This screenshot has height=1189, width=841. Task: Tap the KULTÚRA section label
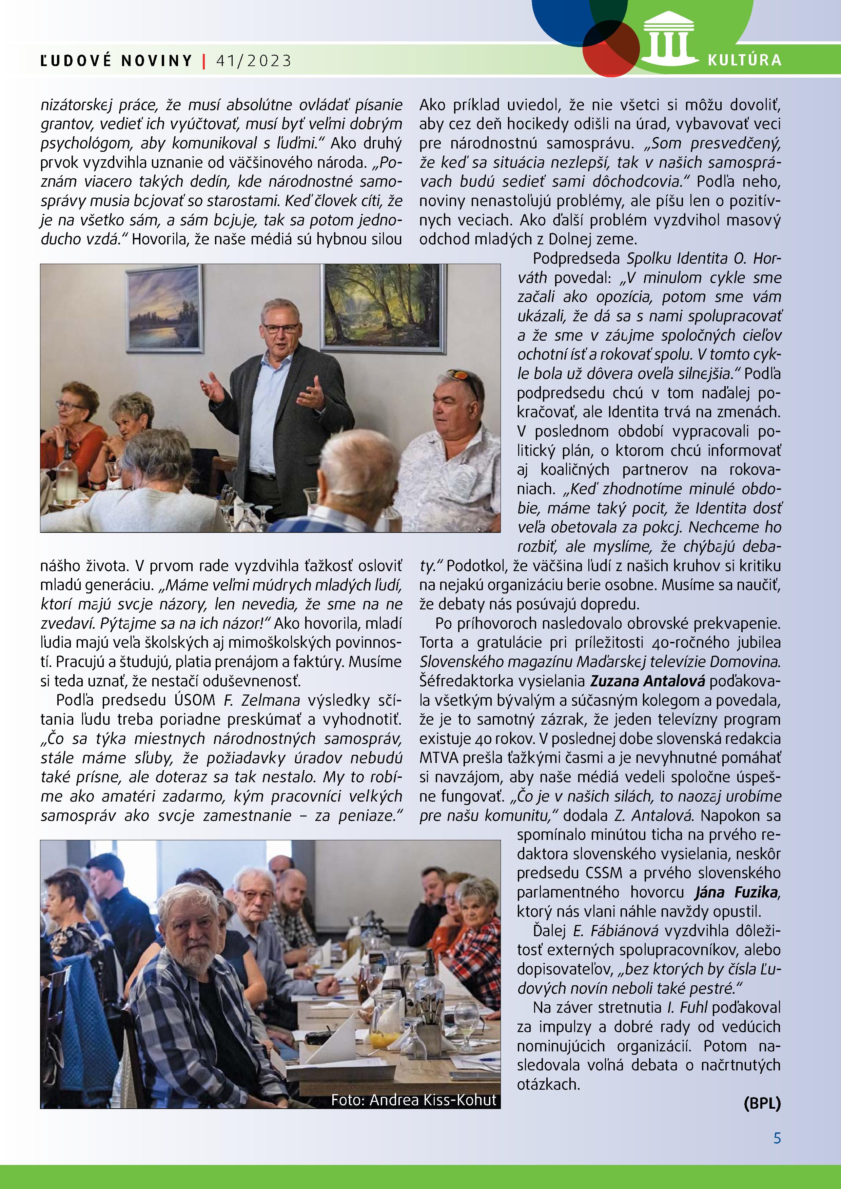coord(744,60)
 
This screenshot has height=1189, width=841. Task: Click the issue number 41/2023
coord(254,61)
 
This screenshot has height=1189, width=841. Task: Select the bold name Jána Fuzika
coord(736,892)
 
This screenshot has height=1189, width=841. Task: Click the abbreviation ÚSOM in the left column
coord(194,700)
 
